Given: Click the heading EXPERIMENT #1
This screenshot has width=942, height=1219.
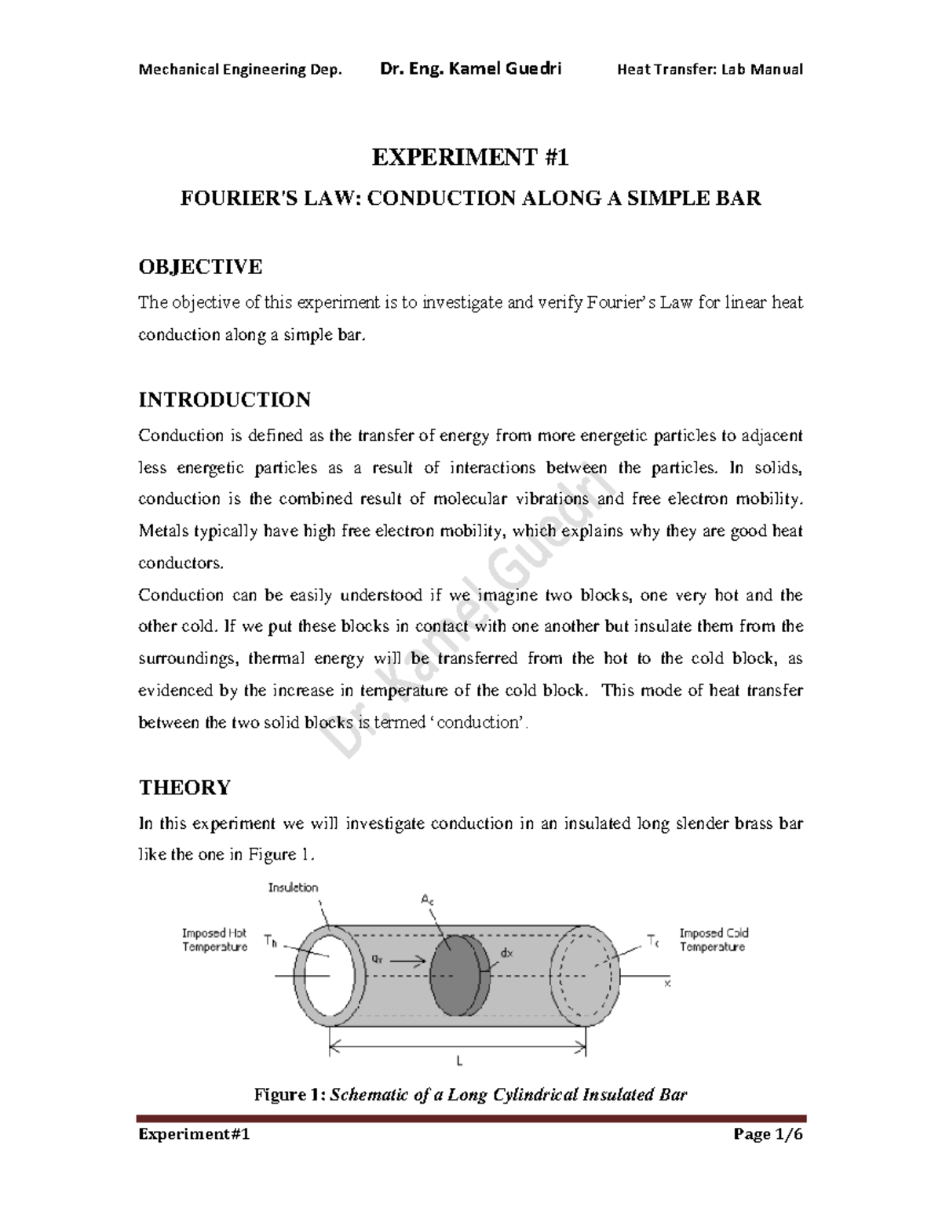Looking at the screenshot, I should coord(469,158).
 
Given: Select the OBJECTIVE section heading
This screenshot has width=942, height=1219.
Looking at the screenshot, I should coord(200,267).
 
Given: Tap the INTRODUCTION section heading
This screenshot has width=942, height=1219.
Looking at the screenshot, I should coord(225,400).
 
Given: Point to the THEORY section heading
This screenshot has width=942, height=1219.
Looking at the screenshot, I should coord(184,787).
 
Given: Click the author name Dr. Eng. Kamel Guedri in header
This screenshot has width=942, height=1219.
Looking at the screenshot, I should coord(470,69).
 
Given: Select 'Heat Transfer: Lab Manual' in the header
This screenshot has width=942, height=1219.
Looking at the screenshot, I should coord(710,69).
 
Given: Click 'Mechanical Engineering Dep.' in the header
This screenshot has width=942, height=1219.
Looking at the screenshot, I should coord(240,69).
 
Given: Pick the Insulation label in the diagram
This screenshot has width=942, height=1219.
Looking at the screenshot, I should coord(293,888).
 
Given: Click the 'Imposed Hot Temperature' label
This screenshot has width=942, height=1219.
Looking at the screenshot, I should coord(214,940).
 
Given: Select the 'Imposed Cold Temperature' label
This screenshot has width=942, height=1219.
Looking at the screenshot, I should coord(714,940).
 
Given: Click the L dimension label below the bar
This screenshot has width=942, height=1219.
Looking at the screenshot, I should coord(459,1061).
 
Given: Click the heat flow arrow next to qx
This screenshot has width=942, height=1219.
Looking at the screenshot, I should coord(407,959).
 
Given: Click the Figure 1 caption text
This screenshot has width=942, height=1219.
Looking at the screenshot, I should coord(470,1094).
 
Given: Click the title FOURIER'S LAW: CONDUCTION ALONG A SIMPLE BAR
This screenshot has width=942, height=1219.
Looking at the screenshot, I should coord(470,198).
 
